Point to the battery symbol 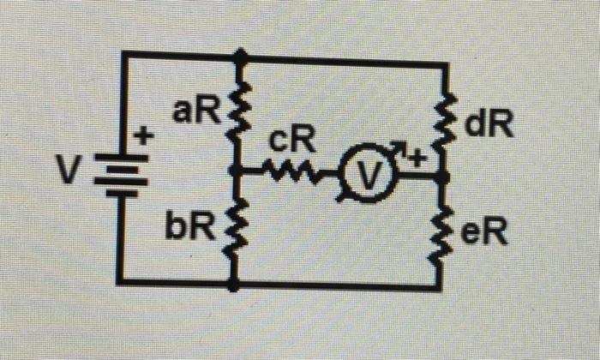click(122, 175)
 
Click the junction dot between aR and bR click(237, 172)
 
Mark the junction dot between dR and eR click(443, 177)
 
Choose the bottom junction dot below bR click(234, 284)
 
